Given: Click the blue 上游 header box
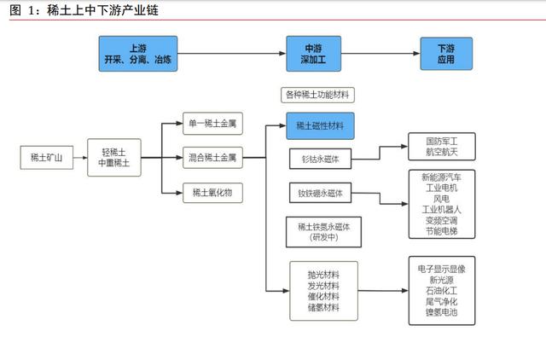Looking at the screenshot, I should (x=137, y=54).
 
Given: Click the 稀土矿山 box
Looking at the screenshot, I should (x=46, y=157).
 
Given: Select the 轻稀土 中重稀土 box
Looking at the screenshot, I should (x=113, y=157).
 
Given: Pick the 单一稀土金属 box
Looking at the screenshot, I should (x=212, y=124).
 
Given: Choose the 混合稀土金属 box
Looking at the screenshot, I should (x=212, y=157).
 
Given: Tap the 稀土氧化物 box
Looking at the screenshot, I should (x=212, y=191).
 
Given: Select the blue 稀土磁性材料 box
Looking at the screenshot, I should (x=320, y=125).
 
